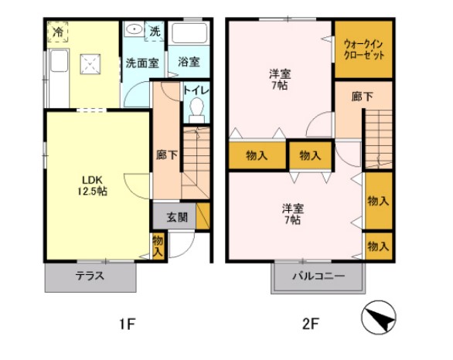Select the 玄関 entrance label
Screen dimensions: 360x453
tap(176, 217)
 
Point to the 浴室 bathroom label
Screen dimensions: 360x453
tap(189, 61)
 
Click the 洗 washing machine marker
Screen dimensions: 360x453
tap(155, 32)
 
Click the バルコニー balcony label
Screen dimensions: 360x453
tap(317, 276)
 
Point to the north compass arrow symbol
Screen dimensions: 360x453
tap(379, 316)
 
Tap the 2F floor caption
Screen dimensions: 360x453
tap(310, 324)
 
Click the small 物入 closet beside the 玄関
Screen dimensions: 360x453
tap(158, 246)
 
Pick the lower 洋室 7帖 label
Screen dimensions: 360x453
tap(291, 213)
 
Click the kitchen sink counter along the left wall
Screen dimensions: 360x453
tap(58, 70)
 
